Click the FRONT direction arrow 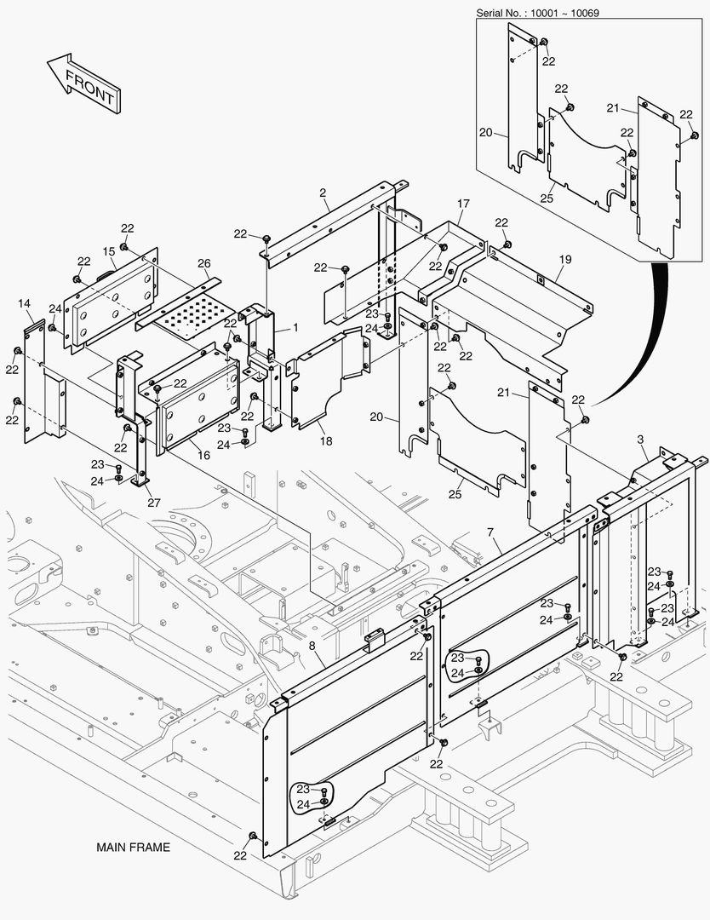point(82,84)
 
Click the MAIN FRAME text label point(133,848)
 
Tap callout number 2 point(324,193)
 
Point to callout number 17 point(463,204)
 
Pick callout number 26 point(203,263)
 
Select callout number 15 point(109,251)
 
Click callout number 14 point(24,304)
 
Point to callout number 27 point(153,503)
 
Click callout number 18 point(326,441)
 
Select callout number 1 point(295,327)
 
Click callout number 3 point(639,440)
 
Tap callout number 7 point(490,533)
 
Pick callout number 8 point(312,647)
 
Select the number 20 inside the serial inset point(486,132)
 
